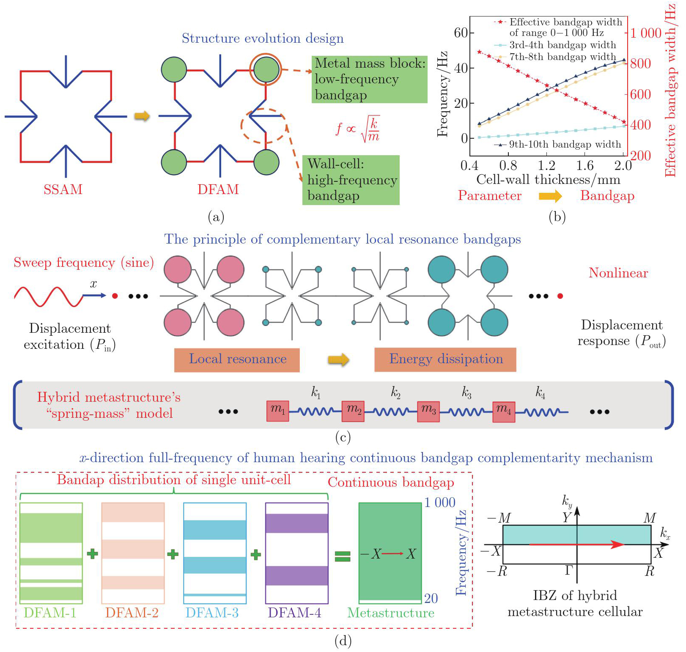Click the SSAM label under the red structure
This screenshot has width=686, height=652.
pyautogui.click(x=63, y=189)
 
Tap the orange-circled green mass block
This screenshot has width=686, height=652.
pyautogui.click(x=266, y=69)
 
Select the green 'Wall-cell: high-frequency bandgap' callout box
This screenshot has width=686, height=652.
pyautogui.click(x=351, y=180)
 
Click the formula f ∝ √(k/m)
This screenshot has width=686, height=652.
pyautogui.click(x=358, y=129)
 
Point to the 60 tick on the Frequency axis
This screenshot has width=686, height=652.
pyautogui.click(x=461, y=33)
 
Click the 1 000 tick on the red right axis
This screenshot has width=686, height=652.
pyautogui.click(x=646, y=33)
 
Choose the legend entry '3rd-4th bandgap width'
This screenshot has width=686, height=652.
pyautogui.click(x=562, y=45)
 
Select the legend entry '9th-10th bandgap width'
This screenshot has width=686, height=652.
pyautogui.click(x=565, y=145)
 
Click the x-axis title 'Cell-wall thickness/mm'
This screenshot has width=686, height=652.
pyautogui.click(x=548, y=180)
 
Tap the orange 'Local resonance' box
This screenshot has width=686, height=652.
pyautogui.click(x=237, y=360)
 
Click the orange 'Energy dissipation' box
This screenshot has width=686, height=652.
pyautogui.click(x=445, y=360)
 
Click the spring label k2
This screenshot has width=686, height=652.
pyautogui.click(x=395, y=393)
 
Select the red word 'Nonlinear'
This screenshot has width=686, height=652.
pyautogui.click(x=618, y=273)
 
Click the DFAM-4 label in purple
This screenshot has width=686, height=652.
pyautogui.click(x=294, y=613)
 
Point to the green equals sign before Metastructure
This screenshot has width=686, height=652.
pyautogui.click(x=343, y=556)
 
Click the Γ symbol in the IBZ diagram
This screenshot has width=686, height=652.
pyautogui.click(x=569, y=570)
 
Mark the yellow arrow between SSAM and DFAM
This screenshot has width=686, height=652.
pyautogui.click(x=142, y=116)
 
